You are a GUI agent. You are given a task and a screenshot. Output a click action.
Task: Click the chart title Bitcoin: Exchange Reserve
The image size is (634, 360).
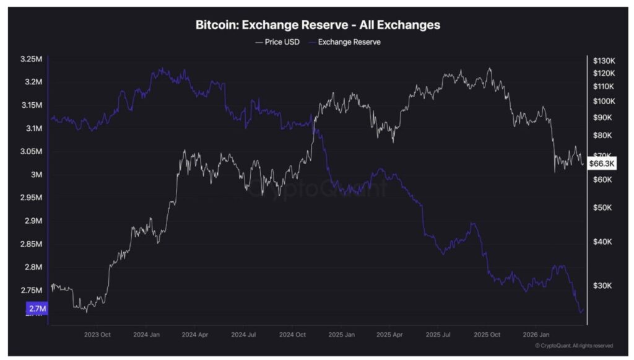click(x=318, y=25)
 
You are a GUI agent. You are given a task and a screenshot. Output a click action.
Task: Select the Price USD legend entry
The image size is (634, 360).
click(x=279, y=42)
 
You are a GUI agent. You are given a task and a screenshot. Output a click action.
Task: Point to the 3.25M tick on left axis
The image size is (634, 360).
click(x=31, y=59)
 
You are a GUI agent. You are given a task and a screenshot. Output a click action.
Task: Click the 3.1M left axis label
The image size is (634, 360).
click(x=33, y=129)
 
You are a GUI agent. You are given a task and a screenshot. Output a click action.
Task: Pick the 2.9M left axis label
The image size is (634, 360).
click(x=33, y=221)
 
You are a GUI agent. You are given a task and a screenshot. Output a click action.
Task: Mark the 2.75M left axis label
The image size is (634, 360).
click(x=31, y=291)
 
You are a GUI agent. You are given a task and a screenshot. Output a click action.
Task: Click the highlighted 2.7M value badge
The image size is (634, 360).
click(x=37, y=309)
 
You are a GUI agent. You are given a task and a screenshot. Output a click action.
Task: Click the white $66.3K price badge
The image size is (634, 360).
click(x=601, y=164)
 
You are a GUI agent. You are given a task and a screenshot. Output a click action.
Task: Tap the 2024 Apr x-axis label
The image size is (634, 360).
click(x=194, y=334)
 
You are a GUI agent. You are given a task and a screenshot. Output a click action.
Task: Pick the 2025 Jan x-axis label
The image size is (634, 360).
click(x=341, y=334)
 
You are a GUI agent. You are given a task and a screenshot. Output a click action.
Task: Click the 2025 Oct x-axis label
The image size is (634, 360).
click(x=487, y=334)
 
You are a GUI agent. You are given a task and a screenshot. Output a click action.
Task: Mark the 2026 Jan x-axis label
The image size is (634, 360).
click(x=536, y=334)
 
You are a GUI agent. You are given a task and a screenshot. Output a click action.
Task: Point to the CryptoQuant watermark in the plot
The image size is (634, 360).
click(x=317, y=188)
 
